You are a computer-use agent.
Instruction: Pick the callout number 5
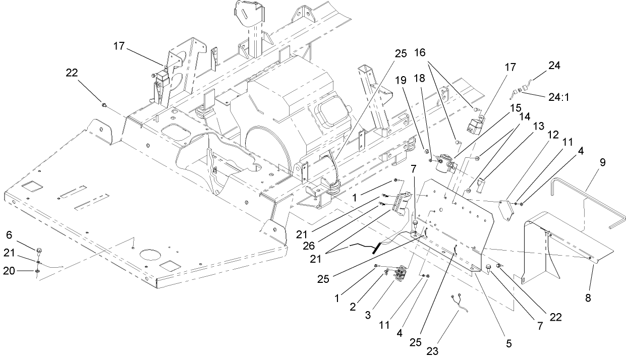click(508, 343)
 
